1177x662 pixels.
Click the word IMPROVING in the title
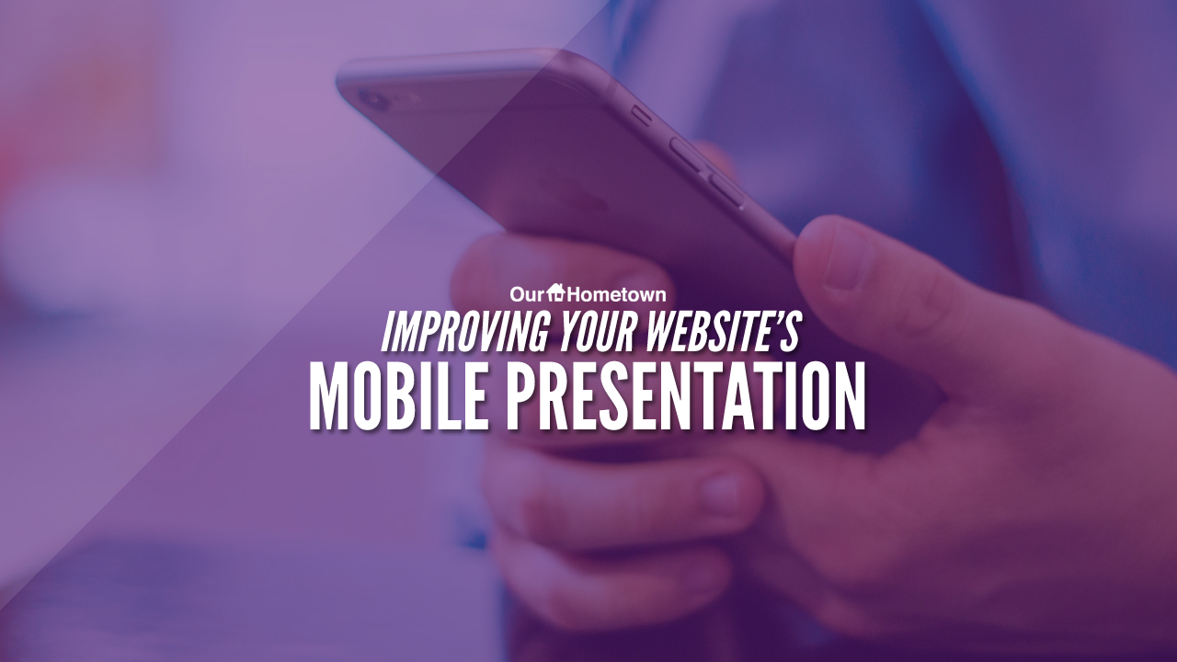pyautogui.click(x=464, y=333)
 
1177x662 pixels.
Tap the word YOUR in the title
pyautogui.click(x=599, y=332)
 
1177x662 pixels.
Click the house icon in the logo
pyautogui.click(x=555, y=292)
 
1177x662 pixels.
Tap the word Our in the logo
pyautogui.click(x=527, y=294)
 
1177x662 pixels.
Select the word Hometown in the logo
pyautogui.click(x=616, y=294)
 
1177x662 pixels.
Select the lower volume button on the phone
pyautogui.click(x=726, y=190)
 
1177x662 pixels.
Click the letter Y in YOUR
pyautogui.click(x=569, y=332)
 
